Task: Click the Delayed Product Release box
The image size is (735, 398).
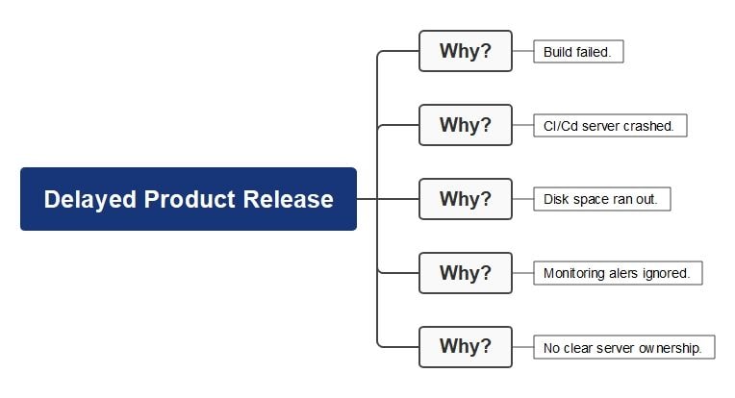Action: pyautogui.click(x=189, y=199)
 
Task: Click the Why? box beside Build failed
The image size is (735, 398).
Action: pyautogui.click(x=465, y=51)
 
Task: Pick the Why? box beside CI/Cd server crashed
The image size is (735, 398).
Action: pyautogui.click(x=465, y=125)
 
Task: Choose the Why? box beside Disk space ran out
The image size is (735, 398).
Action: pyautogui.click(x=465, y=199)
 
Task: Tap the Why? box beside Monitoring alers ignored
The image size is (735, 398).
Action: pyautogui.click(x=465, y=273)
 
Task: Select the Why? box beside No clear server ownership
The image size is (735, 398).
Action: pyautogui.click(x=465, y=346)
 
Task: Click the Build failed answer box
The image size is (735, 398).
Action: pyautogui.click(x=578, y=52)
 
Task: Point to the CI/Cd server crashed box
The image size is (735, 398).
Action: pyautogui.click(x=610, y=126)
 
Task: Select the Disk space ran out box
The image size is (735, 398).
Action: pyautogui.click(x=601, y=200)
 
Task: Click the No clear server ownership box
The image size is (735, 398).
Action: pyautogui.click(x=623, y=347)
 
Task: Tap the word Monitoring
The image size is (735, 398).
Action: pyautogui.click(x=574, y=273)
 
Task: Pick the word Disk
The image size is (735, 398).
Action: pyautogui.click(x=556, y=200)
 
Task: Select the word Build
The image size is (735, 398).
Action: pyautogui.click(x=557, y=52)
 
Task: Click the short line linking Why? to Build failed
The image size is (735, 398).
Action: pyautogui.click(x=522, y=51)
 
